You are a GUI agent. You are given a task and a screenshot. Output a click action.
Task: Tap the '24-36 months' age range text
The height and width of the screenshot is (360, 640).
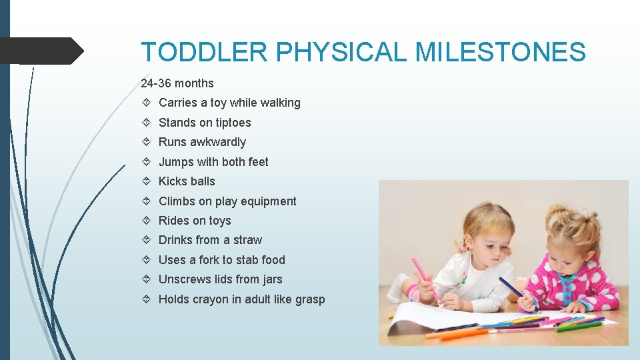tap(177, 83)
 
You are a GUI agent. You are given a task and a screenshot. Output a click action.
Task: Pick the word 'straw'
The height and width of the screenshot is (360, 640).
tap(247, 240)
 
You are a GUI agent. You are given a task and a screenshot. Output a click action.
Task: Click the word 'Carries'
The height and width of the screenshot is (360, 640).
tap(178, 103)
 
